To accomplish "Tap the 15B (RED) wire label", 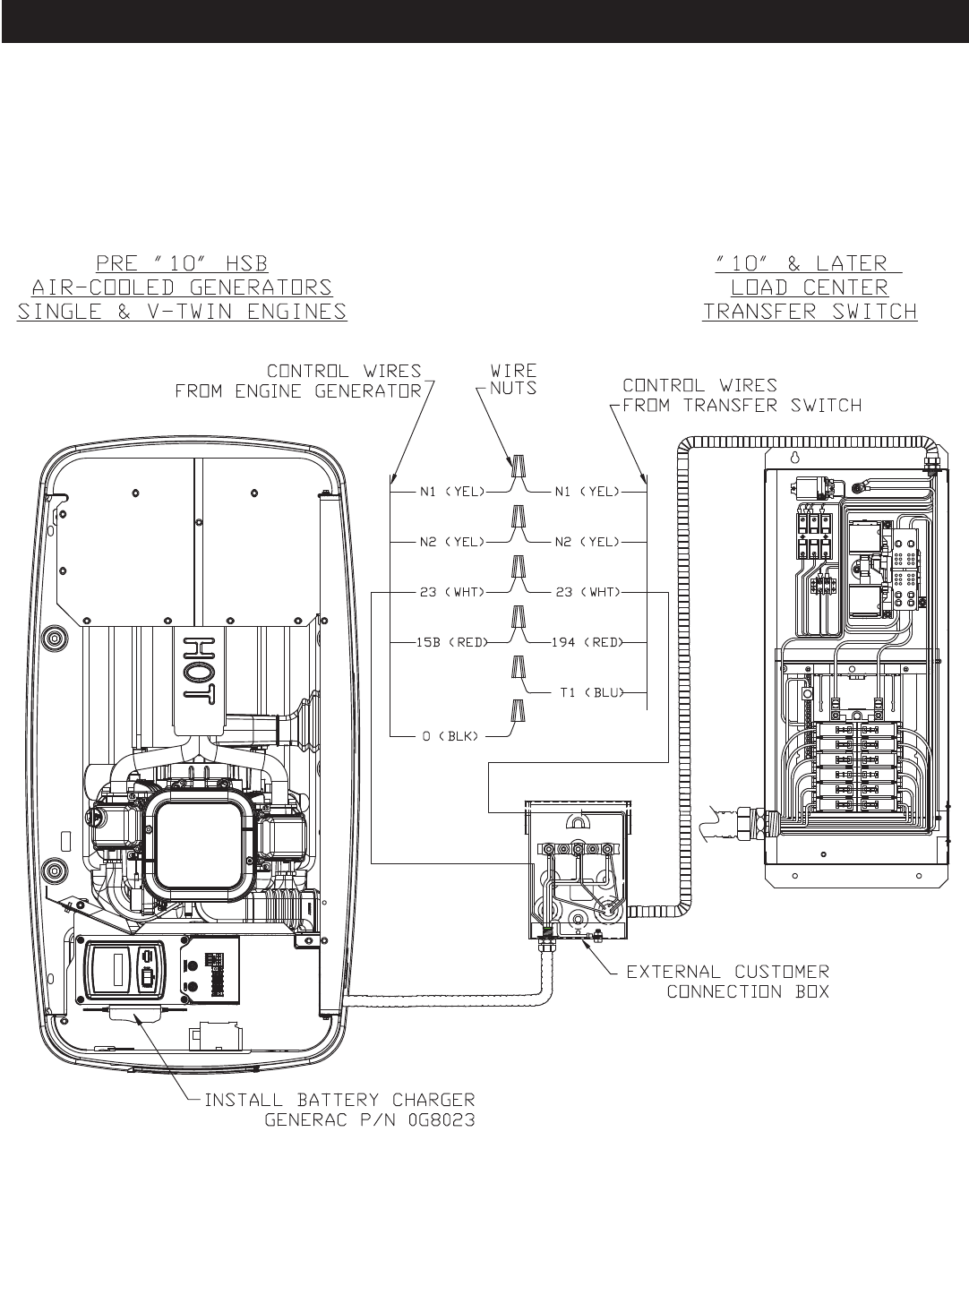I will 451,642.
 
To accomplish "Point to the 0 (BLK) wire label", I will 451,735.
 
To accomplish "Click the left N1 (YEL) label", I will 451,492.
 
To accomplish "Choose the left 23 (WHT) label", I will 451,592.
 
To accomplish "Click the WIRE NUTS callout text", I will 513,380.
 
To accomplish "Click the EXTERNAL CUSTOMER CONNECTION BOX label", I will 727,982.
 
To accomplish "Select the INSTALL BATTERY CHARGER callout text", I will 340,1100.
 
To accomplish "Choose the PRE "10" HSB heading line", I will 182,262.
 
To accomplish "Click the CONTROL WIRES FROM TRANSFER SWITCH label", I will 742,395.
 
